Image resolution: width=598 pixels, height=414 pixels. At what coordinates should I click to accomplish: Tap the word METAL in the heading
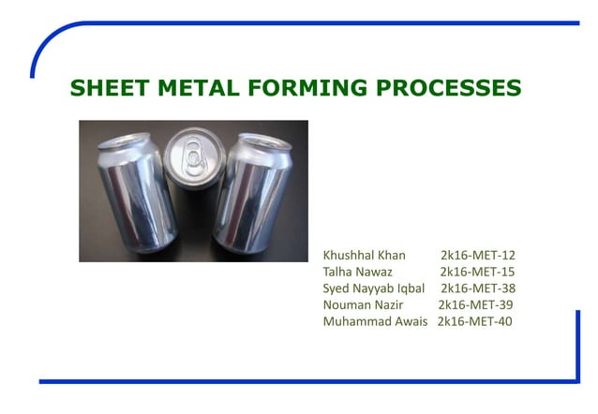point(201,89)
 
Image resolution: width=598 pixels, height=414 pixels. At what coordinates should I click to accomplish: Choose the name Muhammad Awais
point(375,322)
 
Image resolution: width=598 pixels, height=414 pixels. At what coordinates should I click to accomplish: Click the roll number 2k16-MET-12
point(478,255)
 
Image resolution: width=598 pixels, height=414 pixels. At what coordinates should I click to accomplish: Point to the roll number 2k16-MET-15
point(478,272)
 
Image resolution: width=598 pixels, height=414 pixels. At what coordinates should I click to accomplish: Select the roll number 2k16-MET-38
point(478,288)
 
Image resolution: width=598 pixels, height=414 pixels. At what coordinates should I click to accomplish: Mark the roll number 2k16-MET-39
point(475,305)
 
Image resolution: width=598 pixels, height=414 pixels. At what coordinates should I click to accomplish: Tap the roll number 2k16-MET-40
point(474,322)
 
